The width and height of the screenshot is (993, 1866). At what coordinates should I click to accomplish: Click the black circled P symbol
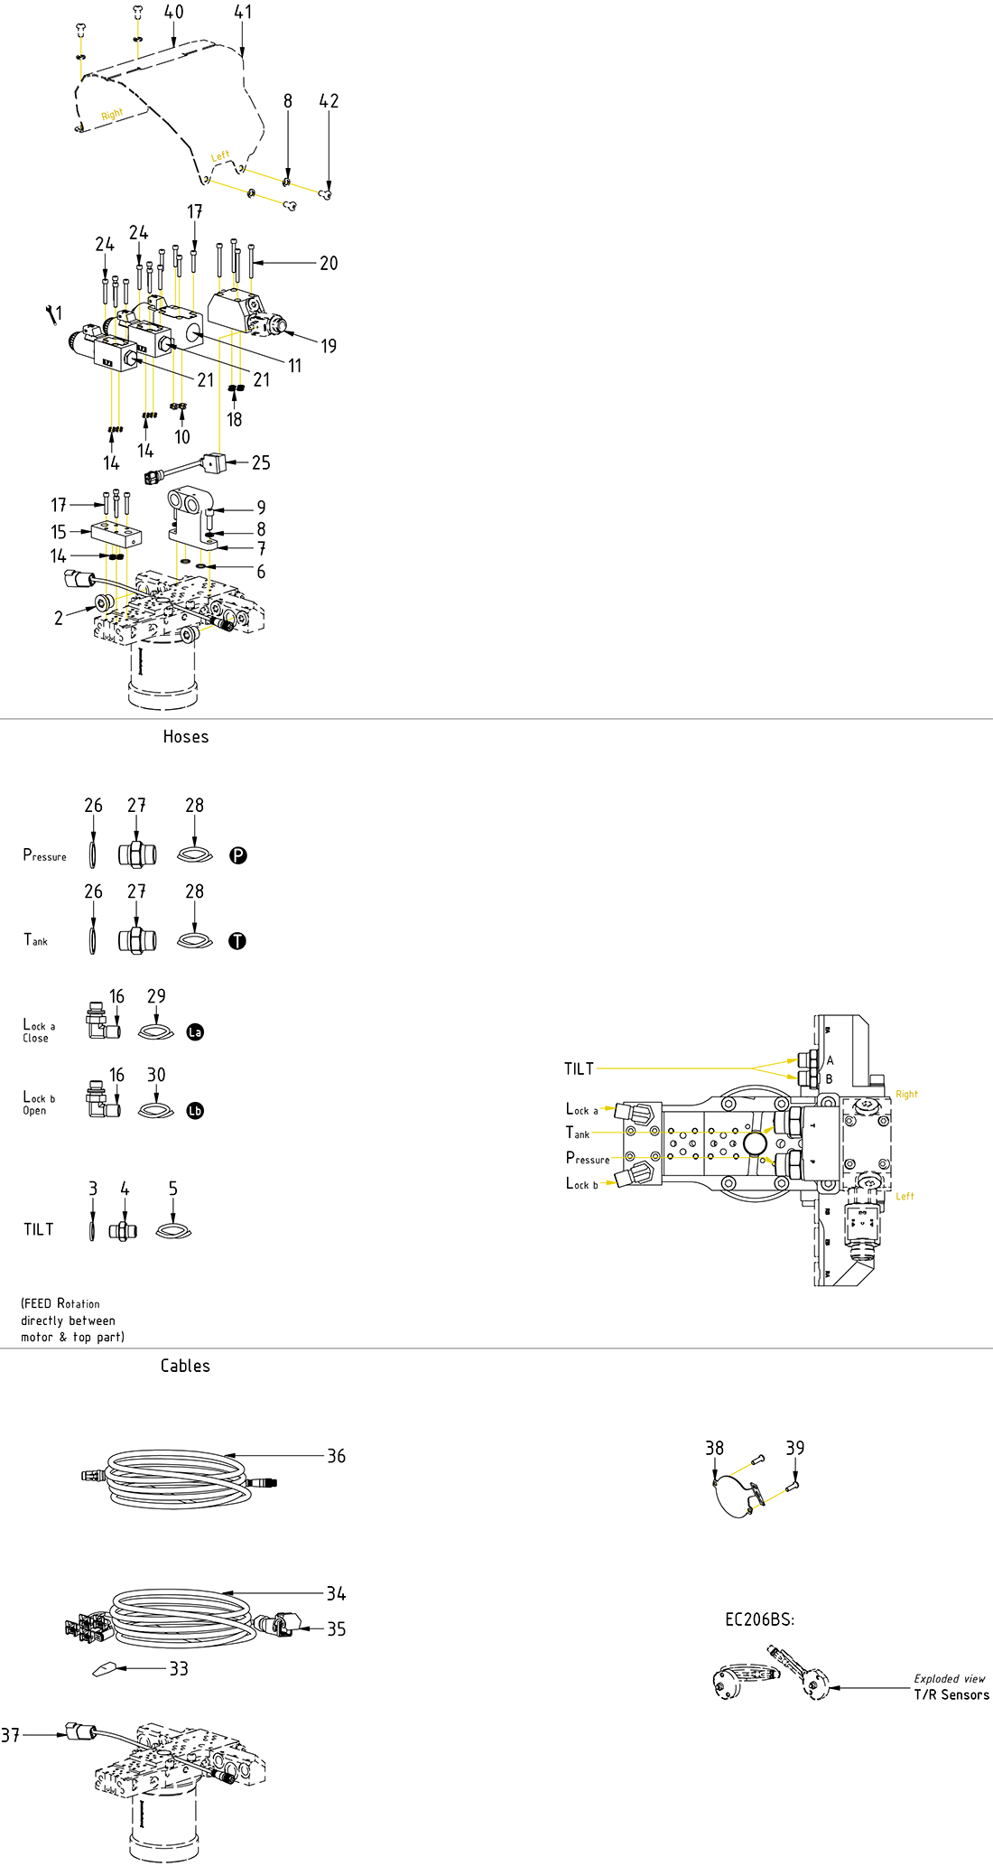[238, 855]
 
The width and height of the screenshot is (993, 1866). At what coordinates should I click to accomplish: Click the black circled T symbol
[237, 941]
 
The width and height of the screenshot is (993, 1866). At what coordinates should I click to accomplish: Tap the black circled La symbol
[195, 1031]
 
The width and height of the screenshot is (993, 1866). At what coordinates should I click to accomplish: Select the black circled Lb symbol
[195, 1111]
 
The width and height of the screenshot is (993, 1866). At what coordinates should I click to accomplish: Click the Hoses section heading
[186, 737]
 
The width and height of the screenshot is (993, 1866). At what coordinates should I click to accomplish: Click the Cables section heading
[185, 1367]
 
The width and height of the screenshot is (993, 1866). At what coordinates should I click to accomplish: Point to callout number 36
[336, 1456]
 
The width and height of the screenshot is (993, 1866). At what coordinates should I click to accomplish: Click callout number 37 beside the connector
[10, 1735]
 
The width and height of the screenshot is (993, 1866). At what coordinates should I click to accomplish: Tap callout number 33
[179, 1669]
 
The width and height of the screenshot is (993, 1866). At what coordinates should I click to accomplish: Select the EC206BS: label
[760, 1619]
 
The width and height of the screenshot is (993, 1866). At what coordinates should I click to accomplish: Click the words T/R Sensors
[951, 1695]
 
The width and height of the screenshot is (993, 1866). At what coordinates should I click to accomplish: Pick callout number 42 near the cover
[329, 101]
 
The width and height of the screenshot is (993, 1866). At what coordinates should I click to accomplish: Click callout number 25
[261, 462]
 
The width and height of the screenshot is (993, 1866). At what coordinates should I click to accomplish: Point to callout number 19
[329, 346]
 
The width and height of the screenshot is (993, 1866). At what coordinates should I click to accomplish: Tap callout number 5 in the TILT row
[173, 1189]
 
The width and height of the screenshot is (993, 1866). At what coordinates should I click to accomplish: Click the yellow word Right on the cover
[112, 115]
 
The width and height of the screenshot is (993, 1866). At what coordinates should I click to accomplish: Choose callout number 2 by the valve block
[59, 618]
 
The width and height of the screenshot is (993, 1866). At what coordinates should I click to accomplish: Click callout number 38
[714, 1448]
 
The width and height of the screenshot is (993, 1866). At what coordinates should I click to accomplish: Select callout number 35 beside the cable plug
[336, 1628]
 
